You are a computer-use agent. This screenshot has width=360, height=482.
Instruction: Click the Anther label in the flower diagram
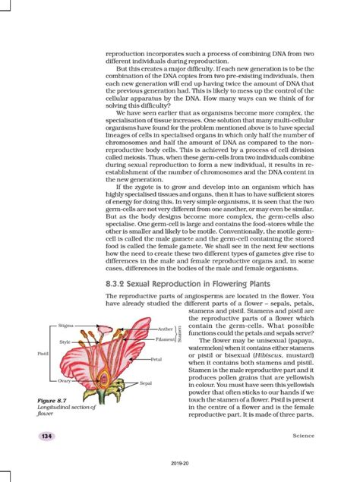pos(166,329)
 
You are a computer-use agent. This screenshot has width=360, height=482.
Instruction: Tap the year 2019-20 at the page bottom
pos(180,462)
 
